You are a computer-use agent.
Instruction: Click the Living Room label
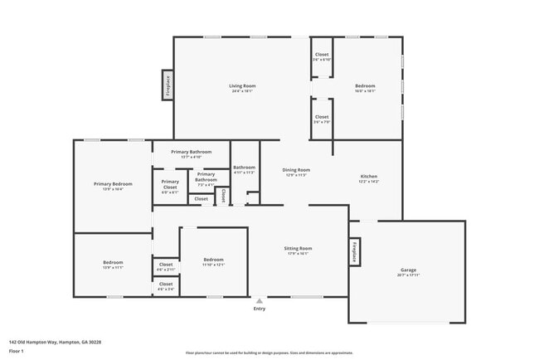pos(242,86)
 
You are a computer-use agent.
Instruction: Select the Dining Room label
pos(297,170)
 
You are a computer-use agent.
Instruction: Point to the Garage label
pos(408,270)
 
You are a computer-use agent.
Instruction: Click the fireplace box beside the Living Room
pos(168,85)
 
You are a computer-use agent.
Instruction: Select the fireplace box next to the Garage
pos(353,251)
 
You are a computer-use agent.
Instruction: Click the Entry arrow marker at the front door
pos(260,301)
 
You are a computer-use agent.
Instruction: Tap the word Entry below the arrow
pos(260,309)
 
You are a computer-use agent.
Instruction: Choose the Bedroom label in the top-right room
pos(366,86)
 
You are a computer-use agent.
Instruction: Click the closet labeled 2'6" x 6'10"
pos(322,56)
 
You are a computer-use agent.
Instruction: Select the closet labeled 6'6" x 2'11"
pos(166,267)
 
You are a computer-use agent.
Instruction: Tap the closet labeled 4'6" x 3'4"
pos(166,286)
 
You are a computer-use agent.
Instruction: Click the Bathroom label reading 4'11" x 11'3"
pos(245,170)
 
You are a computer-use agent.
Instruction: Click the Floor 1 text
pos(17,351)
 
